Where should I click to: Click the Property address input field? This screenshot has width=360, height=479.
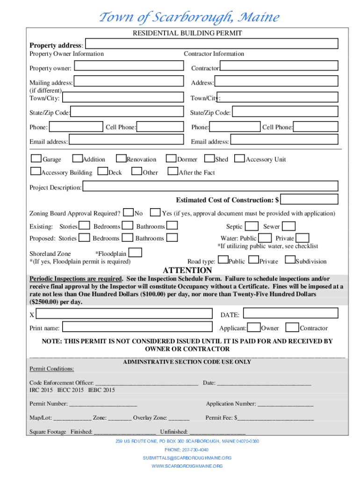211,44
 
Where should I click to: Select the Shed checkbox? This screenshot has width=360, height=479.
209,159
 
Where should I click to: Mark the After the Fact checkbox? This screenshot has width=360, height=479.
173,172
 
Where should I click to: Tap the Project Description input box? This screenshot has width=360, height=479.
210,187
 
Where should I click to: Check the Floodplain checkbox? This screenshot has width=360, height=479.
135,253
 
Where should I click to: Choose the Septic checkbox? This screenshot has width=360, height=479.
252,226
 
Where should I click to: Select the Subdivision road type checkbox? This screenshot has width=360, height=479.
289,260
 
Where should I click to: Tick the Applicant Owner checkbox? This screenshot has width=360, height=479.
254,327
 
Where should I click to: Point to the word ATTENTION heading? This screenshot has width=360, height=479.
187,270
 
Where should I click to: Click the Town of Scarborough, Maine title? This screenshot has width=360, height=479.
188,18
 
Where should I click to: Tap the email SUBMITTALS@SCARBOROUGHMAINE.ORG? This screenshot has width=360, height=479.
187,458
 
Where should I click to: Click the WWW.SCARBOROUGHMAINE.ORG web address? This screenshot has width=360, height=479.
187,466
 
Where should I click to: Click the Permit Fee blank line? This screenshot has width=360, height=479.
275,418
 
